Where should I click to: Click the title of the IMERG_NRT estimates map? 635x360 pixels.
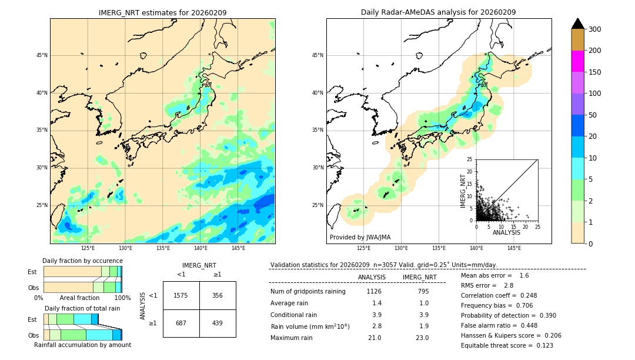pyautogui.click(x=162, y=12)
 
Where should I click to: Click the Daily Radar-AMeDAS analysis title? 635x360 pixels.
pyautogui.click(x=438, y=12)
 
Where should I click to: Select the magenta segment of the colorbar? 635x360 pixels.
pyautogui.click(x=577, y=61)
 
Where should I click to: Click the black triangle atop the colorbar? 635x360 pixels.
pyautogui.click(x=577, y=24)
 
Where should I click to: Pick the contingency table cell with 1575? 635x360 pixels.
pyautogui.click(x=181, y=295)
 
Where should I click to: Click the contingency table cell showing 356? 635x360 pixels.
pyautogui.click(x=218, y=295)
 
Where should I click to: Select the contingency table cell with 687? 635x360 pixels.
pyautogui.click(x=181, y=324)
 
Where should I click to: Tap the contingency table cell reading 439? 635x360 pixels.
pyautogui.click(x=218, y=324)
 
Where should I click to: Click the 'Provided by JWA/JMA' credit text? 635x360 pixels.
pyautogui.click(x=360, y=238)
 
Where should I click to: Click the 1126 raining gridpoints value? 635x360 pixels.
pyautogui.click(x=374, y=291)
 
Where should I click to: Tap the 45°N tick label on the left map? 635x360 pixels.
pyautogui.click(x=41, y=55)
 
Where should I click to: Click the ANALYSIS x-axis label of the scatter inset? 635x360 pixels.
pyautogui.click(x=506, y=232)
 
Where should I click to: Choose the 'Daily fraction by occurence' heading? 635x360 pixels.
pyautogui.click(x=82, y=261)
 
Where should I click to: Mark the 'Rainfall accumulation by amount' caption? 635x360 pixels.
pyautogui.click(x=82, y=345)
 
